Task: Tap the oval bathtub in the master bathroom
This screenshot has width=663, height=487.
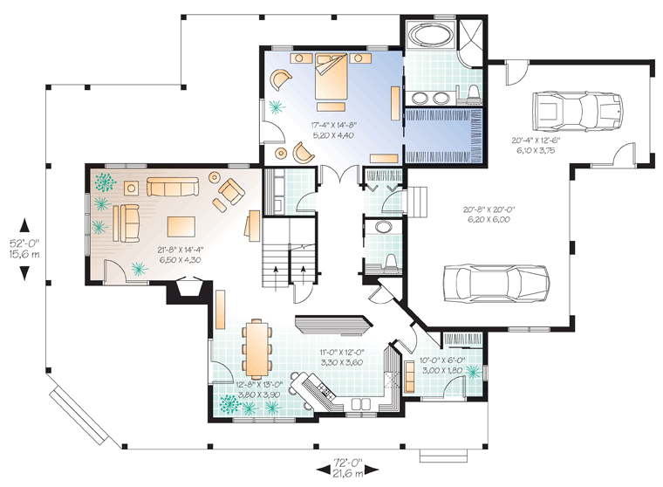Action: pyautogui.click(x=430, y=34)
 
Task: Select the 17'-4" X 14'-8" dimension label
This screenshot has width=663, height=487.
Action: pyautogui.click(x=333, y=125)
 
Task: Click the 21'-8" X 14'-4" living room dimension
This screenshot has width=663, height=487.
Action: pyautogui.click(x=180, y=250)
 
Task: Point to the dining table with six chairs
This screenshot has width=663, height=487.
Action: pyautogui.click(x=256, y=349)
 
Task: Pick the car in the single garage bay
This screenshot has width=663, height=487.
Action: pyautogui.click(x=578, y=110)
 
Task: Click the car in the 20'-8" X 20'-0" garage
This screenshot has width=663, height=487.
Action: pyautogui.click(x=496, y=283)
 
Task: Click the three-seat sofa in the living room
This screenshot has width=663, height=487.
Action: pyautogui.click(x=173, y=187)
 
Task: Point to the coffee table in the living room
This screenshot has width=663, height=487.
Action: pyautogui.click(x=181, y=227)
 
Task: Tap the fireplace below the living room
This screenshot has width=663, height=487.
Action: pyautogui.click(x=188, y=290)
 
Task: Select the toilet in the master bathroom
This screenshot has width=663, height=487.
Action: pyautogui.click(x=475, y=94)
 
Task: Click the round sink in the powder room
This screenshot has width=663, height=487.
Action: pyautogui.click(x=384, y=227)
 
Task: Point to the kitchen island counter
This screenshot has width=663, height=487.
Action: pyautogui.click(x=333, y=324)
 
